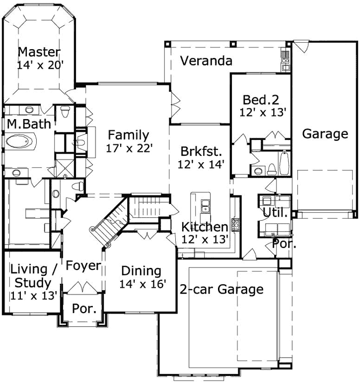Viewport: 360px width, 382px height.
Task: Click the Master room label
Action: [x=39, y=52]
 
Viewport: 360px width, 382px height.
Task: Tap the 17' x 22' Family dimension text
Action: [x=129, y=148]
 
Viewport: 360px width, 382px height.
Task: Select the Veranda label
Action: [x=206, y=61]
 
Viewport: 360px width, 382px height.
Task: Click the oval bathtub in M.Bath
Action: [x=21, y=142]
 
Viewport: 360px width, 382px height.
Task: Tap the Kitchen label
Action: [x=205, y=227]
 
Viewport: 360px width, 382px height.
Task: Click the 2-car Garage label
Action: [x=221, y=289]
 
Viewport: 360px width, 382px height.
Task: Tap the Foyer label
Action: [x=83, y=265]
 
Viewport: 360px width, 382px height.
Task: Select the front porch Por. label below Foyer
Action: [x=84, y=309]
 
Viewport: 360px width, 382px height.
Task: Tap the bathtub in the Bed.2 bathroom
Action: [x=284, y=163]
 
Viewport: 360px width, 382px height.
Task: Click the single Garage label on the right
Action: [x=325, y=134]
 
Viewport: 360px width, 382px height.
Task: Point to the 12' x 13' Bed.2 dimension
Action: [x=264, y=112]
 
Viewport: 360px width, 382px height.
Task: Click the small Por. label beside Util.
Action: [x=285, y=245]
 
